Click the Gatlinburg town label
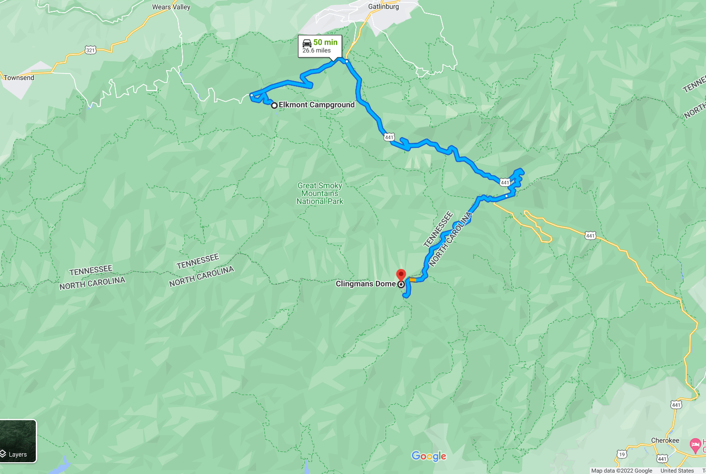click(x=383, y=7)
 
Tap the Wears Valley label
click(x=171, y=7)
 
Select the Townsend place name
click(x=19, y=78)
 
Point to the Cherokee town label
click(x=665, y=441)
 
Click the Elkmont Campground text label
click(x=316, y=105)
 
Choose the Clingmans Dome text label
click(x=365, y=284)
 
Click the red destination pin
click(x=401, y=275)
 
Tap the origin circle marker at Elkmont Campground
click(x=274, y=106)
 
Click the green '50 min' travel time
click(x=325, y=42)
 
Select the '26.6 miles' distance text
click(x=316, y=51)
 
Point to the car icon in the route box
click(x=307, y=43)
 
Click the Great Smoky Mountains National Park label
click(x=320, y=194)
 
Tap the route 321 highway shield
click(x=90, y=50)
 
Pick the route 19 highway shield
click(x=622, y=454)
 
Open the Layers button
click(x=18, y=441)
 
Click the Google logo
click(x=429, y=456)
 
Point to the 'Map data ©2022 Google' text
click(x=621, y=471)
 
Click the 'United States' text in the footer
click(x=677, y=471)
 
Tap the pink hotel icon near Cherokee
click(x=695, y=444)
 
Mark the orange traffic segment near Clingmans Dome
click(x=413, y=280)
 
